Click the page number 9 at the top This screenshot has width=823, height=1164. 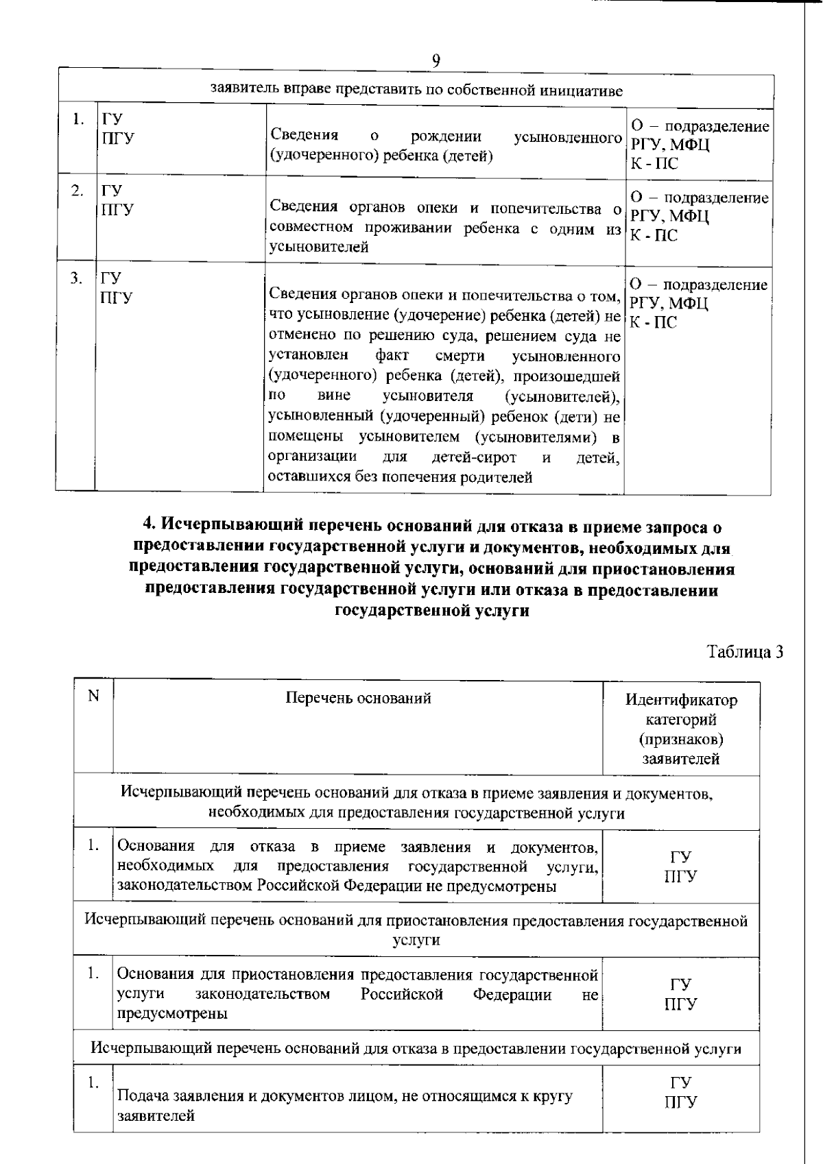[436, 60]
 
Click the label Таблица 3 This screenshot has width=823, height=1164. [745, 652]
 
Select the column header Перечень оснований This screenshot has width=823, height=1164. [358, 699]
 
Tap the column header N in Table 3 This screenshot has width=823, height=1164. [93, 696]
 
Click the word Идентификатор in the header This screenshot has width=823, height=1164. [681, 700]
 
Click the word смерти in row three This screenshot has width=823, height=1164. [460, 356]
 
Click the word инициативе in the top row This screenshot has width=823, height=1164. [591, 90]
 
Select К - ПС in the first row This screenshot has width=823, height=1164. [654, 164]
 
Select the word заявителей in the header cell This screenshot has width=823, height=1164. [681, 759]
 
